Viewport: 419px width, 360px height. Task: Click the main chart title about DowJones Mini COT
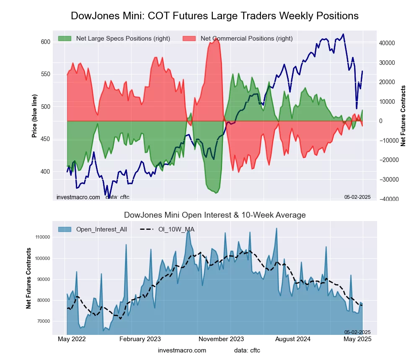click(215, 16)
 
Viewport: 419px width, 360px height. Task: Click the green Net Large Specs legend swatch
click(65, 39)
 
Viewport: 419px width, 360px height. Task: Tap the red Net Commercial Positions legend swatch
click(189, 39)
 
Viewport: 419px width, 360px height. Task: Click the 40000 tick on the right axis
click(388, 43)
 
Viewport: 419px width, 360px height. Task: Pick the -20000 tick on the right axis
click(389, 160)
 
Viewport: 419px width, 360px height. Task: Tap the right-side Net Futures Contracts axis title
click(403, 116)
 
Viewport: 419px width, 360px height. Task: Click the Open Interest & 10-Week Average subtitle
click(215, 215)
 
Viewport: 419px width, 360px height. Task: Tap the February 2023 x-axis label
click(140, 339)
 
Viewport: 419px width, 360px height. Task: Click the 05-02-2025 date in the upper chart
click(357, 197)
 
